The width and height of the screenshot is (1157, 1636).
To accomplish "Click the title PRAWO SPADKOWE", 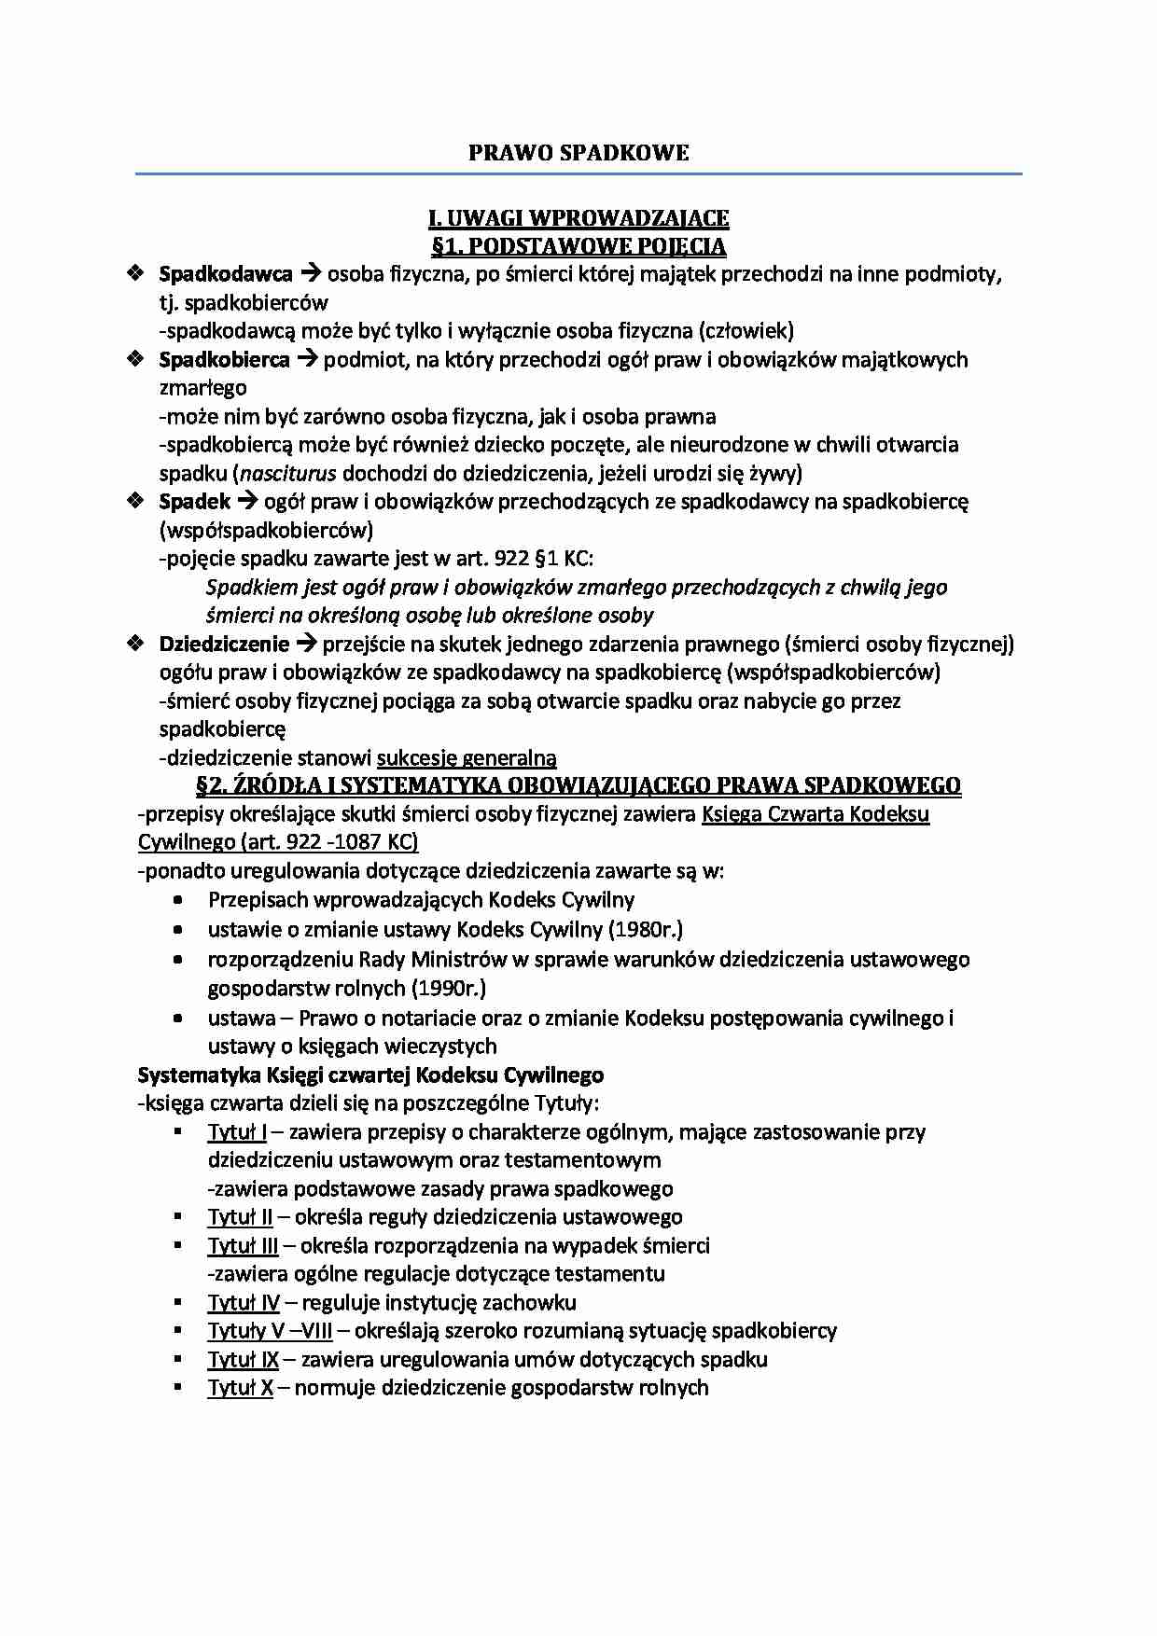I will click(578, 153).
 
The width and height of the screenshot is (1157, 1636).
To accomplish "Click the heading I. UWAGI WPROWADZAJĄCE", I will click(578, 218).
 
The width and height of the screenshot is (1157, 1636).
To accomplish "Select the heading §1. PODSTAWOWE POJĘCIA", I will click(578, 246).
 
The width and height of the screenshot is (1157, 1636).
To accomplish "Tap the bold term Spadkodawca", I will click(226, 274).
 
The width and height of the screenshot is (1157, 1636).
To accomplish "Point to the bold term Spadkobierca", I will click(225, 360).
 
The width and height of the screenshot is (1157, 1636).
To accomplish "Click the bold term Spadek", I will click(195, 502).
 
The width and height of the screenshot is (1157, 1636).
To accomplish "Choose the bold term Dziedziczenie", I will click(225, 644).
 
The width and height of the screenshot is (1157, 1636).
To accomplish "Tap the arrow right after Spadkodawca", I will click(310, 274).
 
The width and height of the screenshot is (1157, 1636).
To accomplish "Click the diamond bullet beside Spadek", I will click(136, 502).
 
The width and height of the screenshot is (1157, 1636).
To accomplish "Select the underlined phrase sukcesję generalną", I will click(467, 758).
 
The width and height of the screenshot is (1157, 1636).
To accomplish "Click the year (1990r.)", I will click(449, 988).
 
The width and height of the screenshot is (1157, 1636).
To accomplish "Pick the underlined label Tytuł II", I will click(240, 1217).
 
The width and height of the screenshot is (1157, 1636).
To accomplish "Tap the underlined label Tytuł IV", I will click(244, 1303).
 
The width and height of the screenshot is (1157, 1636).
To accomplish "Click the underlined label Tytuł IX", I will click(243, 1360).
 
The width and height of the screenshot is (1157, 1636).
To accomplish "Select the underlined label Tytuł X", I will click(240, 1388).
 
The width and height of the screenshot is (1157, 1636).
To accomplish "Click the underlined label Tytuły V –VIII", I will click(271, 1331).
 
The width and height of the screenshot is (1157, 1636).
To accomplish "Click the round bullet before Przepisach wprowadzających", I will click(178, 901).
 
